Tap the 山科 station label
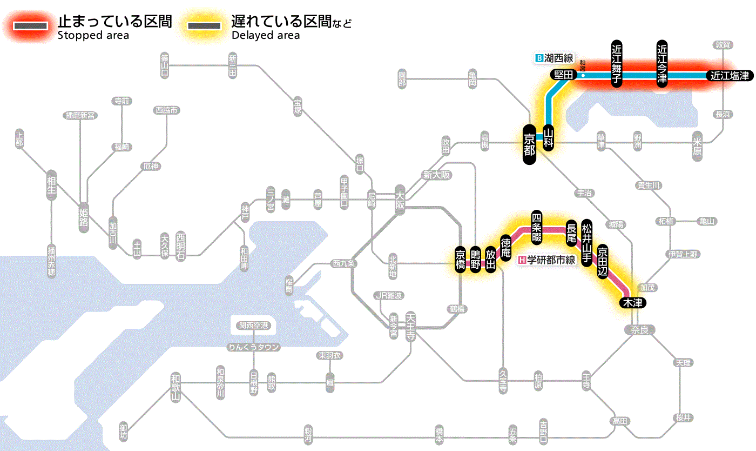click(549, 137)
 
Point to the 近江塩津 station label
click(730, 76)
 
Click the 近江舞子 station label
click(617, 63)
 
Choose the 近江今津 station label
click(662, 63)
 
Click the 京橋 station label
click(460, 260)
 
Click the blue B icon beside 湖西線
click(538, 58)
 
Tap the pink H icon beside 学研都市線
click(522, 260)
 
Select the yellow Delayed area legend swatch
click(204, 25)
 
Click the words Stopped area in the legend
click(93, 36)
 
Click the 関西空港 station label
click(254, 326)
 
